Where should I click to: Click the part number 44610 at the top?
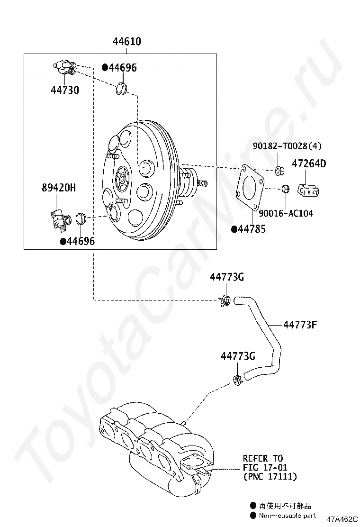[x=126, y=42]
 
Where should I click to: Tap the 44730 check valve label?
[x=65, y=90]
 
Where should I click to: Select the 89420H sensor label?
[x=58, y=188]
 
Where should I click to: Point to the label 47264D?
[x=309, y=164]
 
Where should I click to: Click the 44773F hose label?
[x=300, y=325]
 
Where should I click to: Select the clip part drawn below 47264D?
[x=307, y=190]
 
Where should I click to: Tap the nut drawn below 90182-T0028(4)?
[x=279, y=170]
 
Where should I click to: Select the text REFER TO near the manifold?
[x=262, y=458]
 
